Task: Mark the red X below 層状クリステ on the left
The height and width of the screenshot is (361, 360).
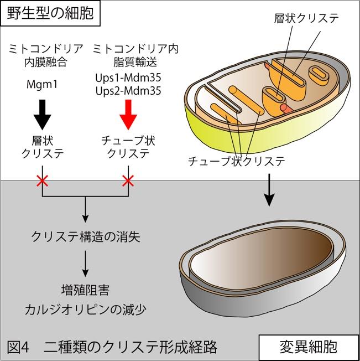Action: click(x=43, y=180)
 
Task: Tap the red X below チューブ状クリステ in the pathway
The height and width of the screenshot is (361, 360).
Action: click(x=128, y=180)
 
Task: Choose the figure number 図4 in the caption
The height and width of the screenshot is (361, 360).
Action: click(x=18, y=347)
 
